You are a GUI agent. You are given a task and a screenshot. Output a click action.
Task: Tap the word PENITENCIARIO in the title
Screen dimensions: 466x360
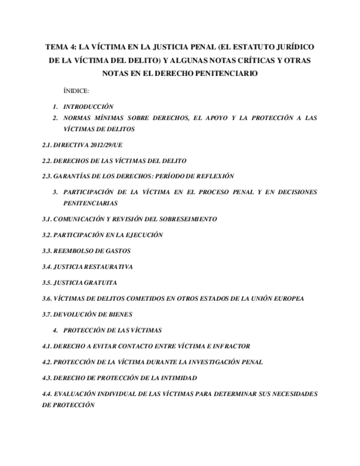click(x=220, y=73)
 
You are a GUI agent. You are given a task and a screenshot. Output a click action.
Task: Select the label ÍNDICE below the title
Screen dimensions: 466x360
click(x=76, y=90)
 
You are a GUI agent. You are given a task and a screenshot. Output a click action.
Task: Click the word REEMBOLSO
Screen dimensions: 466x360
click(x=74, y=250)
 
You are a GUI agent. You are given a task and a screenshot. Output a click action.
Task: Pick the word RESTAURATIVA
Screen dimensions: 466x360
click(x=108, y=267)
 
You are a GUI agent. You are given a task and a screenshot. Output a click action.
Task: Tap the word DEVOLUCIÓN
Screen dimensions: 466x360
click(x=77, y=314)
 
